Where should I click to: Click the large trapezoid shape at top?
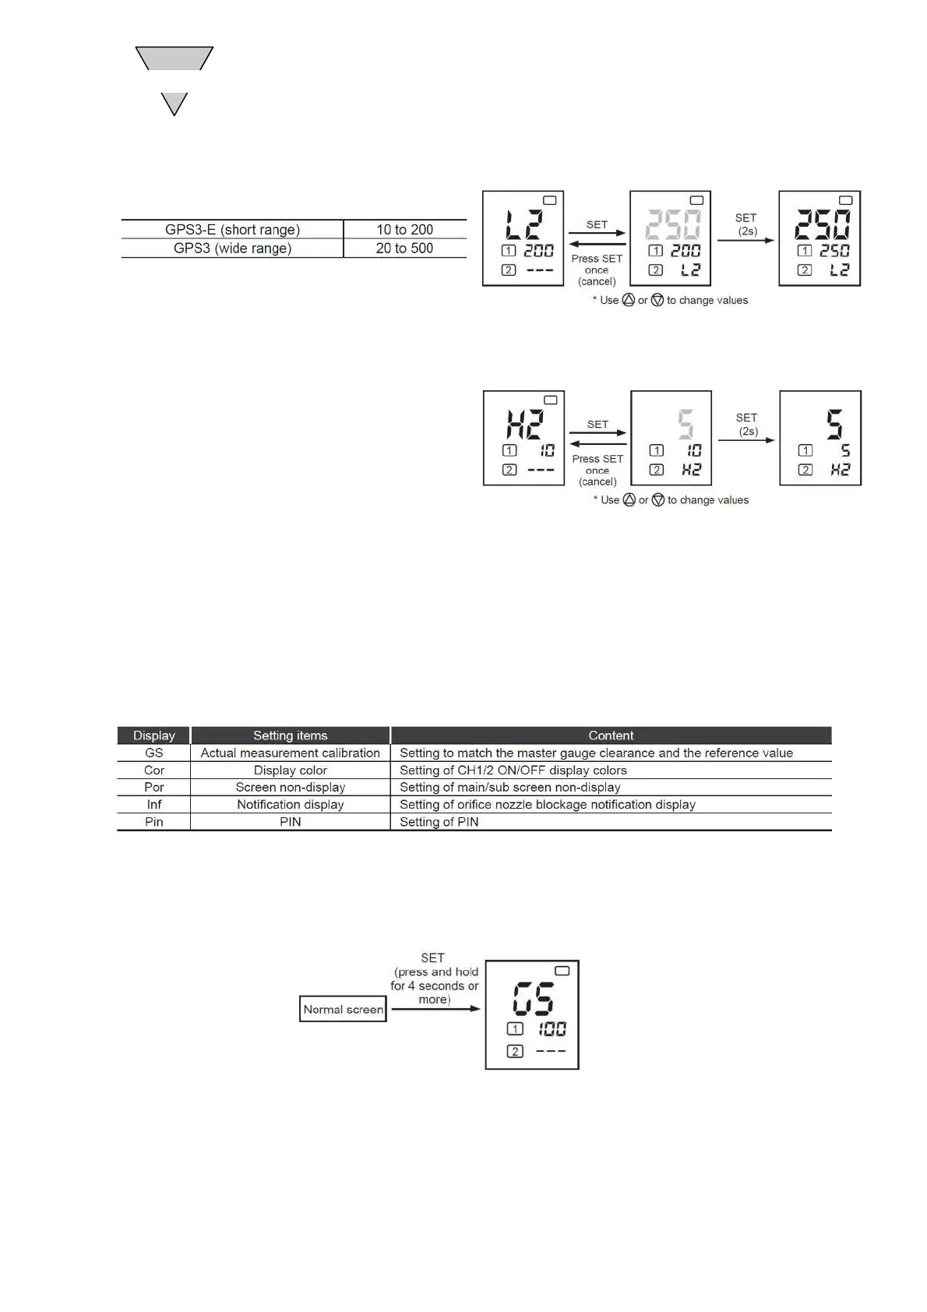[x=174, y=58]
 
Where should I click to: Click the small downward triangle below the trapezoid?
[x=174, y=101]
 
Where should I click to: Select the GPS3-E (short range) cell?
[x=232, y=230]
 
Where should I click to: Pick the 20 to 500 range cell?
[x=404, y=249]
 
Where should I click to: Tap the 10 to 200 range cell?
[x=404, y=230]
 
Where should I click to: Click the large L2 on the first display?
[x=523, y=225]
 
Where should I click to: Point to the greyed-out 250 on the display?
[x=672, y=225]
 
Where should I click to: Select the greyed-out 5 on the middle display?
[x=685, y=425]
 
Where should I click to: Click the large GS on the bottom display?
[x=534, y=1000]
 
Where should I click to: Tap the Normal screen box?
[x=343, y=1010]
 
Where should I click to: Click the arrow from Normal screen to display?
[x=435, y=1009]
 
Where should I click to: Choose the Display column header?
[x=154, y=735]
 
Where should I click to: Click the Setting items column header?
[x=291, y=735]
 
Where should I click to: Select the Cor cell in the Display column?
[x=154, y=771]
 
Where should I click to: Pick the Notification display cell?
[x=291, y=805]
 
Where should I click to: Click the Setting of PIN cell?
[x=439, y=822]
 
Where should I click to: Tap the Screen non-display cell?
[x=291, y=788]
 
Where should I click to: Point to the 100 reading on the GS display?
[x=552, y=1029]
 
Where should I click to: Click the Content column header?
[x=611, y=735]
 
